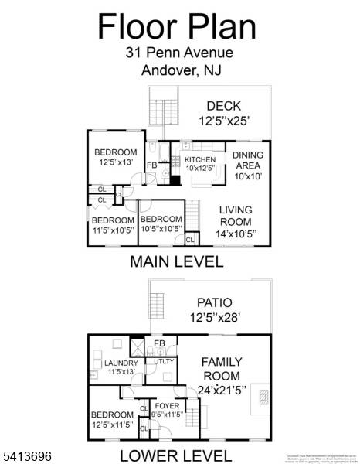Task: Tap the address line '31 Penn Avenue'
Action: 178,53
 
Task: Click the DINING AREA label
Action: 247,165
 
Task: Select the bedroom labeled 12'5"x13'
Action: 116,157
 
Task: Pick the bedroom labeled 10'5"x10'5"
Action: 161,223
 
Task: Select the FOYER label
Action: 168,409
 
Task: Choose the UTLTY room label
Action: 164,361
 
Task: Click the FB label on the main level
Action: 152,165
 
